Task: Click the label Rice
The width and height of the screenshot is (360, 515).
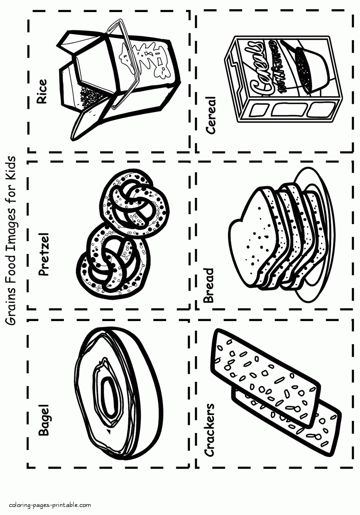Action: (x=41, y=92)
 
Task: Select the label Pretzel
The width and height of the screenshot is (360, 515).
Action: (x=43, y=253)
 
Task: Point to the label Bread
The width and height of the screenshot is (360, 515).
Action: (x=209, y=286)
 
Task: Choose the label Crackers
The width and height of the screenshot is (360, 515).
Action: (x=210, y=430)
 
